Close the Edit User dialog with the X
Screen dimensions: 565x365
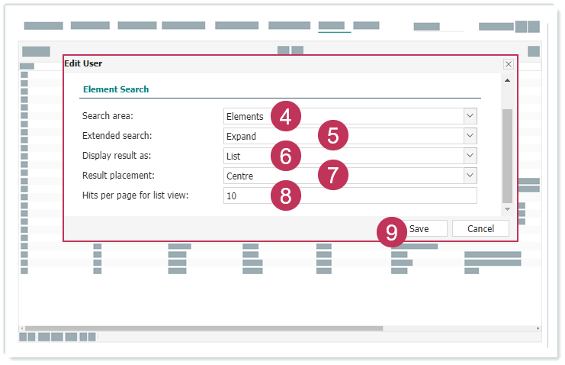click(x=509, y=64)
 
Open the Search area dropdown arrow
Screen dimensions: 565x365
click(x=470, y=116)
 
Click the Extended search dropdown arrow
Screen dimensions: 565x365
click(x=470, y=136)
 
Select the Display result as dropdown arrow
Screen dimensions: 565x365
click(x=470, y=156)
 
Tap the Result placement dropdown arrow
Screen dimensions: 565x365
click(x=470, y=176)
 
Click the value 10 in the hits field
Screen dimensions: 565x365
click(x=231, y=196)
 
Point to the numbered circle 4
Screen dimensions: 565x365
click(x=286, y=116)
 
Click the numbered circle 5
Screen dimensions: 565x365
click(x=333, y=135)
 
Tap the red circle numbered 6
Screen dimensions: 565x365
click(x=286, y=156)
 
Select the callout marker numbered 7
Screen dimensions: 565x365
click(x=333, y=175)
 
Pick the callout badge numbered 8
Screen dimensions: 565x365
click(x=286, y=195)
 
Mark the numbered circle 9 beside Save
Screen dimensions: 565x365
click(x=392, y=232)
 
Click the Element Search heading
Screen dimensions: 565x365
click(x=116, y=89)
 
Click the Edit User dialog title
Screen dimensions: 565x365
click(x=83, y=63)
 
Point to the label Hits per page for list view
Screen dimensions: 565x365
click(x=136, y=195)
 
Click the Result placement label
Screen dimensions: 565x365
click(x=118, y=176)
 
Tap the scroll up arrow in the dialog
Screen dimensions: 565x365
click(x=507, y=80)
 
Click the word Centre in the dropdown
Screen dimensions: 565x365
click(x=239, y=176)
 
